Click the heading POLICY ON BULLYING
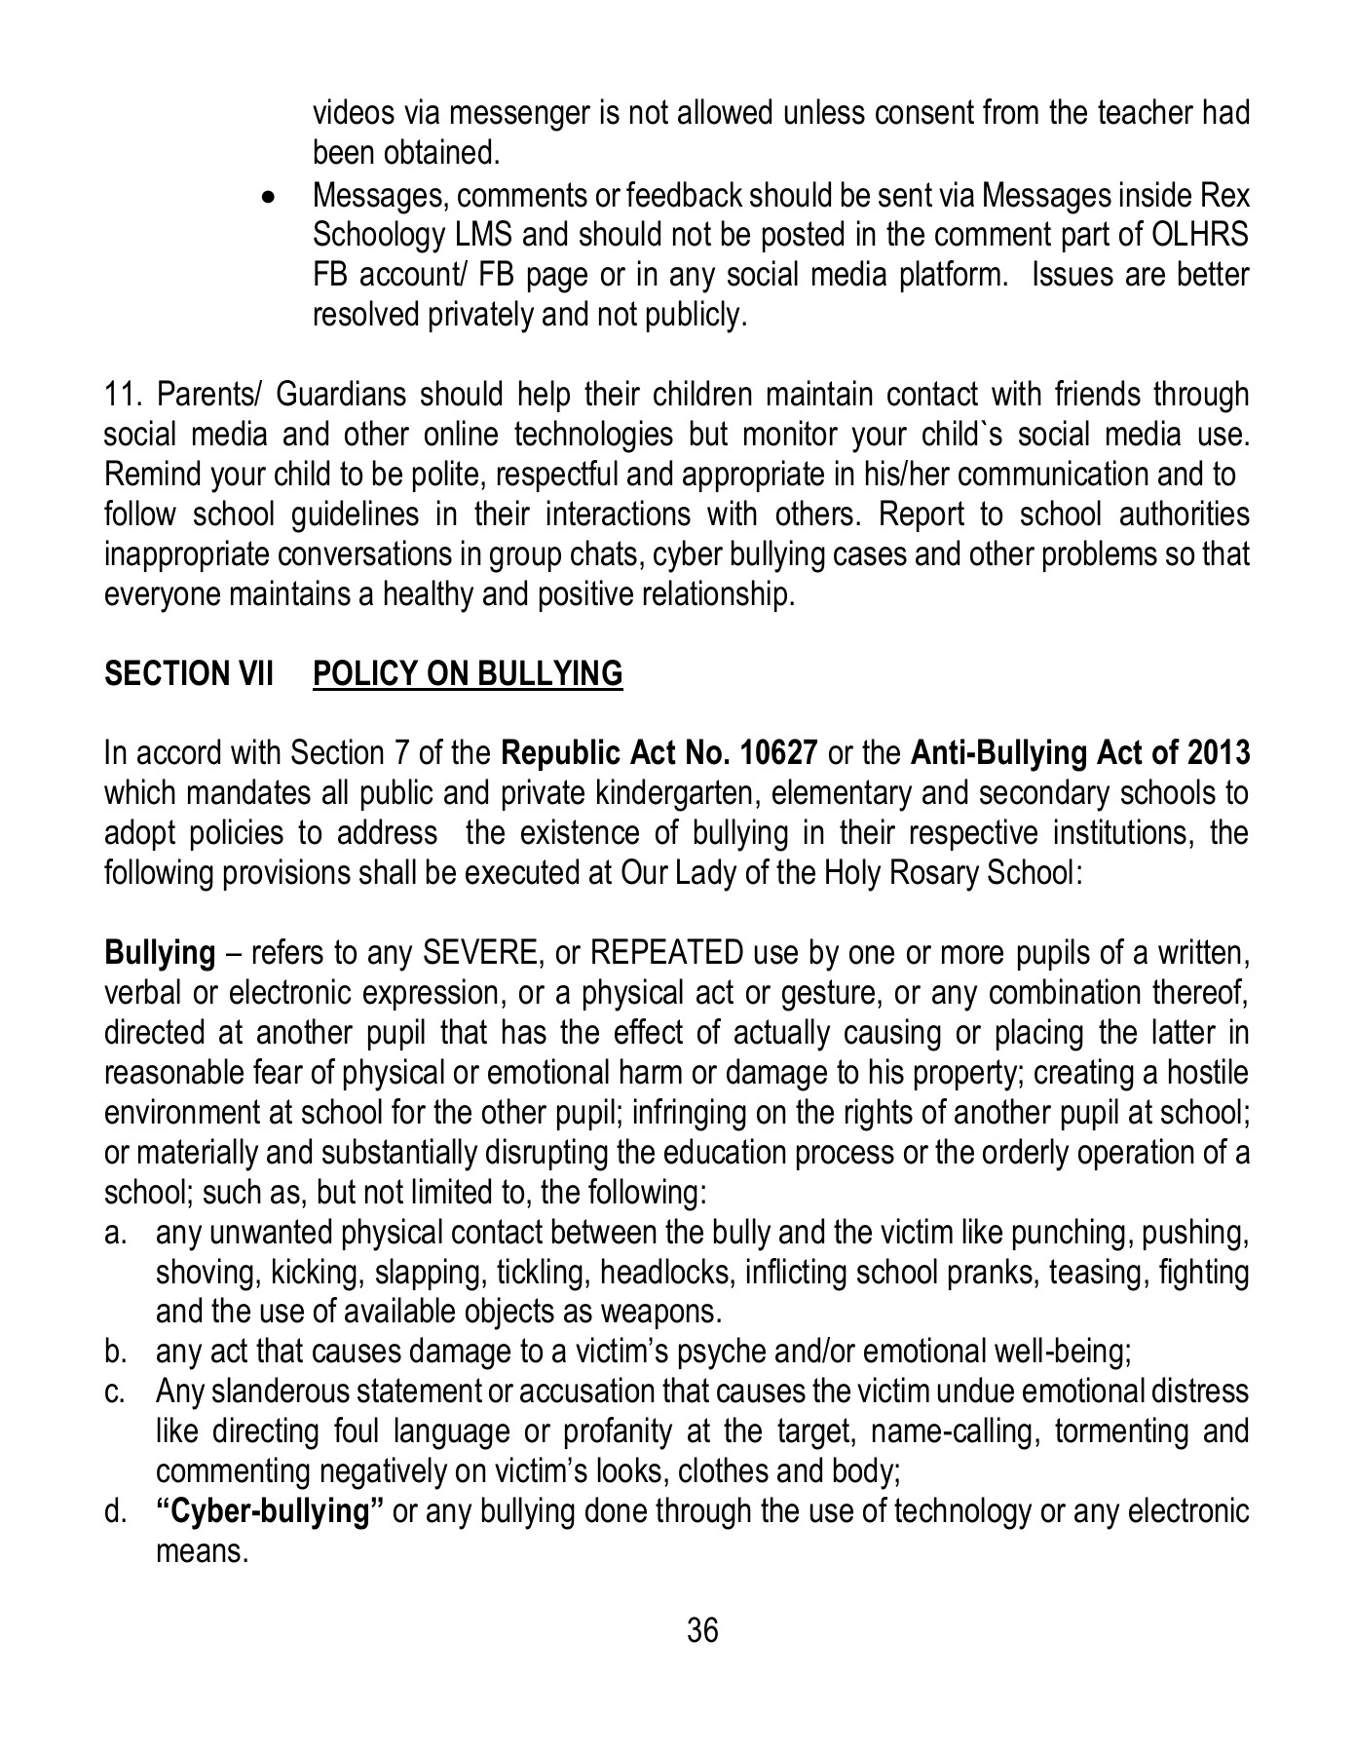[x=467, y=673]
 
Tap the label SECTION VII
[x=189, y=673]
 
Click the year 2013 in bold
[x=1219, y=753]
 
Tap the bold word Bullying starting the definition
[x=160, y=952]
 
